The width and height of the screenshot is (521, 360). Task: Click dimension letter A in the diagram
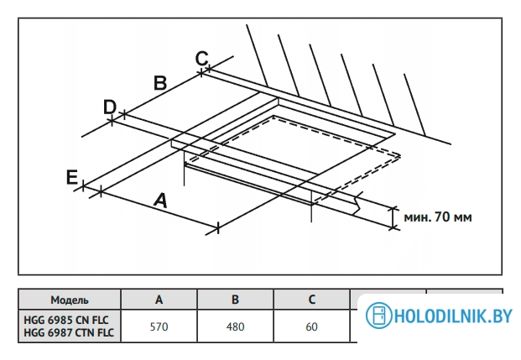160,200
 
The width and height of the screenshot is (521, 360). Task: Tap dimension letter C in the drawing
201,58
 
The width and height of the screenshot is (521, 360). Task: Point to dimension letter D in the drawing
109,107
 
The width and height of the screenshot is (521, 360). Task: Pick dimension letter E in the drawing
72,177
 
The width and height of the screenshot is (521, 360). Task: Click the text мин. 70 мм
438,218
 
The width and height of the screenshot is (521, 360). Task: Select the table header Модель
70,300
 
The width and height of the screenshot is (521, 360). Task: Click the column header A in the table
159,300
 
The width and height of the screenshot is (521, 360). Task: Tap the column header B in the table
235,300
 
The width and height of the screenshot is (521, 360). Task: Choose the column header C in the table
311,300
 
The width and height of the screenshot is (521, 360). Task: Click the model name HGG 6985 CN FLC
69,320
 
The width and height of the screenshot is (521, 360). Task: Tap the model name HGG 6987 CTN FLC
69,333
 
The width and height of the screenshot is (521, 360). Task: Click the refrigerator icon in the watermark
377,317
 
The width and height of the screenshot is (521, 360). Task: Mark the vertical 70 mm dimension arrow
393,217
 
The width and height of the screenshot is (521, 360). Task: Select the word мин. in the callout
417,218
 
